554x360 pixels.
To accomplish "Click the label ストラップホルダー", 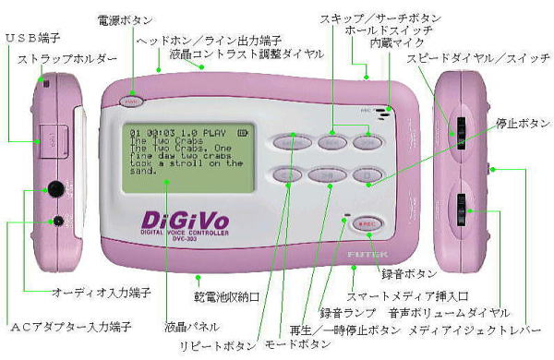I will [x=67, y=58].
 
